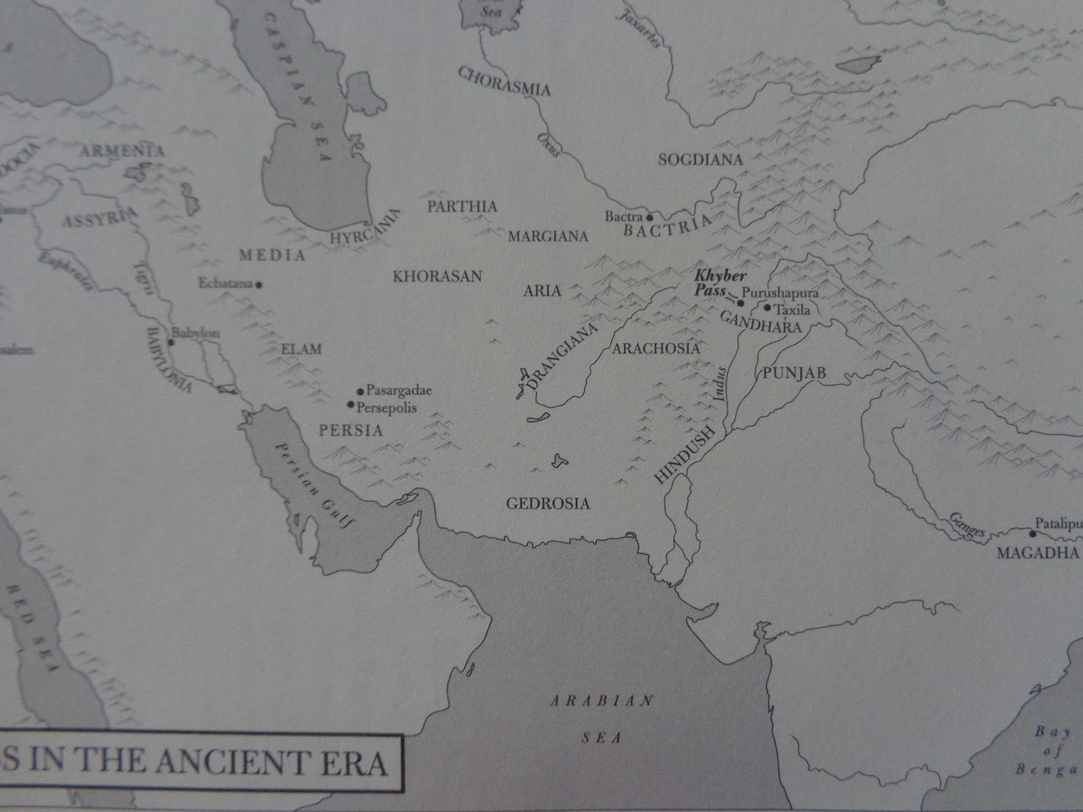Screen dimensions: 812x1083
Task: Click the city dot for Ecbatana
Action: [x=259, y=285]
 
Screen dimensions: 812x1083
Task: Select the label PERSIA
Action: [x=351, y=430]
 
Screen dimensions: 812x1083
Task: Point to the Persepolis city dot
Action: [x=351, y=405]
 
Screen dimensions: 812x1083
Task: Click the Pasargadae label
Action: [x=399, y=390]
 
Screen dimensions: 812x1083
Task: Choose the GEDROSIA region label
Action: [x=548, y=503]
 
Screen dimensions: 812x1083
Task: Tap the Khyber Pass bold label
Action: [x=711, y=283]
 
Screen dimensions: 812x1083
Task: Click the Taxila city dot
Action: [x=767, y=308]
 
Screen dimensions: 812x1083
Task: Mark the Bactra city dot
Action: [x=648, y=218]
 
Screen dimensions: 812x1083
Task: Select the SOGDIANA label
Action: [x=701, y=160]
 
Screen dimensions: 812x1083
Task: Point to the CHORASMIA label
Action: [x=504, y=81]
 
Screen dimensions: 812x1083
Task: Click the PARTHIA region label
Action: [x=462, y=206]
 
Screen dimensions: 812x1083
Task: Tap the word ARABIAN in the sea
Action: [x=601, y=700]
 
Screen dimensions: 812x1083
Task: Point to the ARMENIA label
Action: [x=122, y=151]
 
